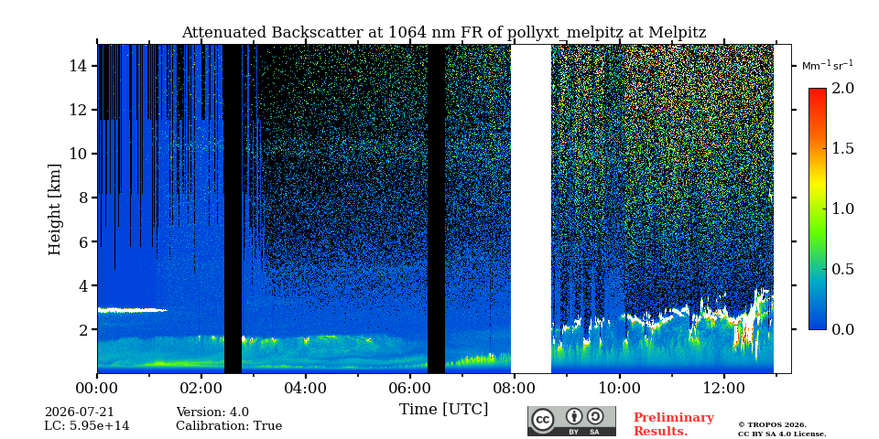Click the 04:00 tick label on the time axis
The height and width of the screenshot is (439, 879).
pos(306,388)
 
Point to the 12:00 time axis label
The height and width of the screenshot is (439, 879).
pos(723,388)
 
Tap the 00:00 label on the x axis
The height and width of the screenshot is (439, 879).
pos(97,388)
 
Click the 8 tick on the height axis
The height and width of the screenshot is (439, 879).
pos(84,198)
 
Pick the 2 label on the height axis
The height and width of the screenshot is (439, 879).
pos(84,329)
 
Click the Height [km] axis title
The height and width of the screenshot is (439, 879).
pos(54,209)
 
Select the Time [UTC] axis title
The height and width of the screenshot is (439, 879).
pos(443,410)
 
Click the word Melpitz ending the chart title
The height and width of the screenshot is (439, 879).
pos(678,33)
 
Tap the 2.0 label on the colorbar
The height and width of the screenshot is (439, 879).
pos(842,88)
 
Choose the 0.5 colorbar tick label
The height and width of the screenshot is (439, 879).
pos(842,269)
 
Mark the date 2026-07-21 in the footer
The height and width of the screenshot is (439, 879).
pos(79,412)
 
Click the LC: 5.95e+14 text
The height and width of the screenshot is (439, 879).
pos(87,426)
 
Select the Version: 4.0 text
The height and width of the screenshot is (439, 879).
pos(212,412)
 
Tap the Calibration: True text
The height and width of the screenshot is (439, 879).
pos(229,426)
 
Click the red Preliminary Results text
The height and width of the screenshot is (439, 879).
pos(674,424)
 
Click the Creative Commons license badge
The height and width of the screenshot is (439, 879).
pos(571,421)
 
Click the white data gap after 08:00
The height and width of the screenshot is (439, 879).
pos(531,209)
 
